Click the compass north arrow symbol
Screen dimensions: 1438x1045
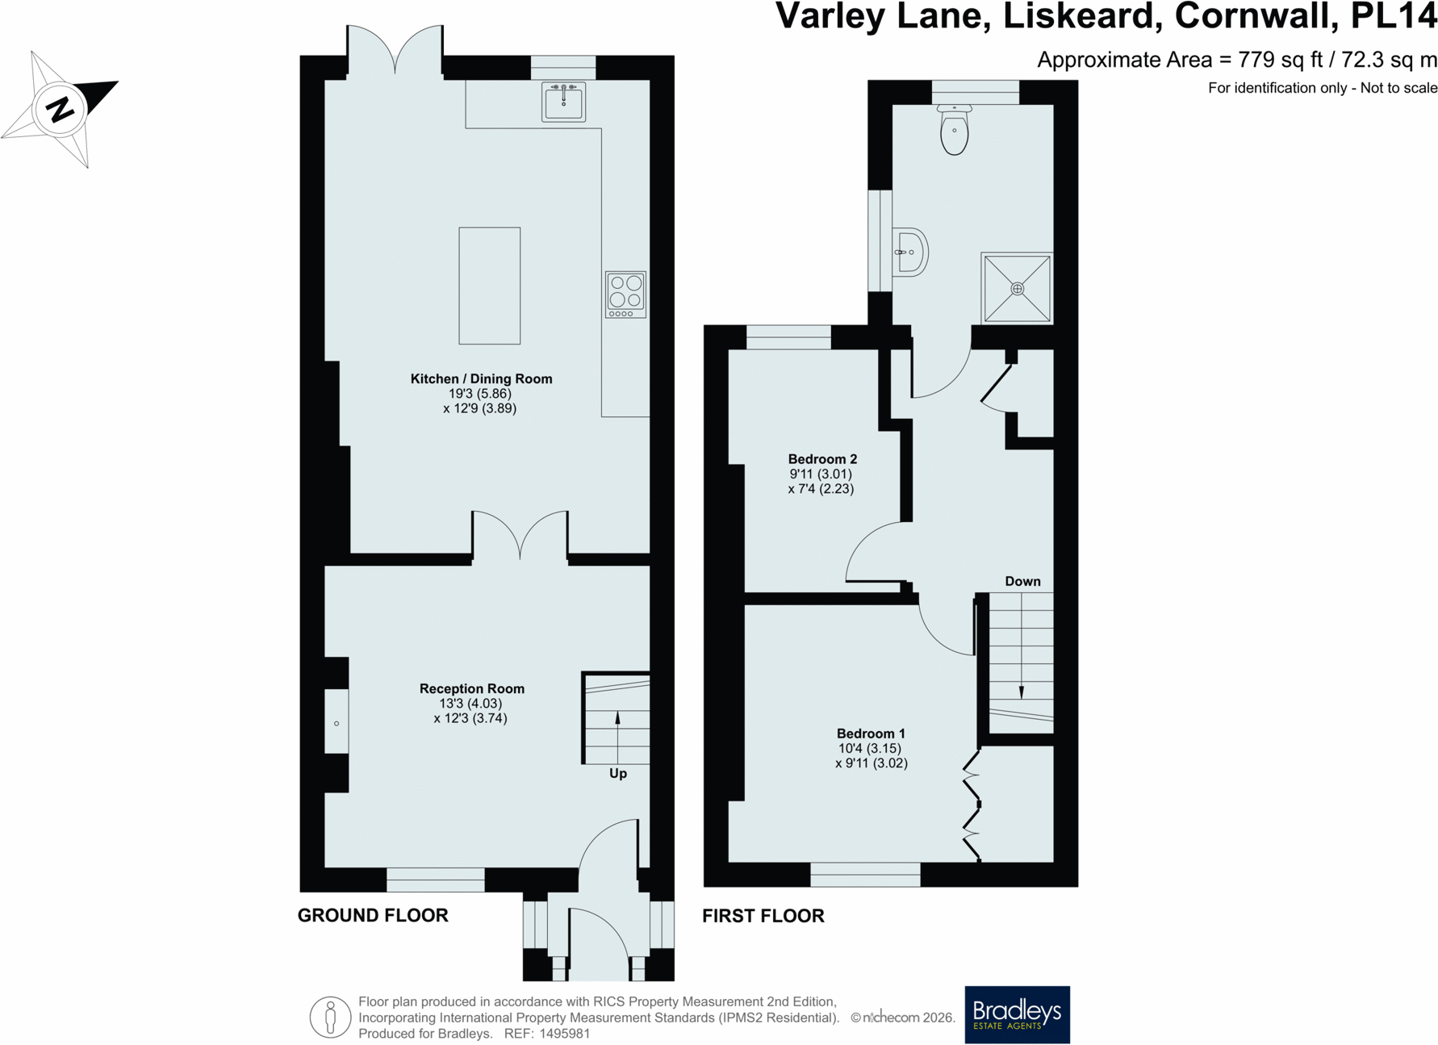tap(60, 109)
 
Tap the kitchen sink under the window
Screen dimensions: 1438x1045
tap(563, 102)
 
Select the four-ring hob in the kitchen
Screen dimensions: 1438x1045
tap(625, 295)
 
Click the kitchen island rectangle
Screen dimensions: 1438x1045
tap(490, 286)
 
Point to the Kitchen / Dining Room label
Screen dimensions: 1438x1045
tap(481, 378)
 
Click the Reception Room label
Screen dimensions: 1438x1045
tap(472, 688)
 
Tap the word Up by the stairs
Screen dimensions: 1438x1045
tap(618, 774)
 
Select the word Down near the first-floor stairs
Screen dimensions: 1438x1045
tap(1022, 581)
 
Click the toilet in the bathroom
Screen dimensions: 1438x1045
tap(955, 129)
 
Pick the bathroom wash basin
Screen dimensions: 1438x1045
tap(910, 253)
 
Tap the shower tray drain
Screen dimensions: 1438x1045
tap(1018, 288)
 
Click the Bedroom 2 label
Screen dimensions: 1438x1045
tap(822, 459)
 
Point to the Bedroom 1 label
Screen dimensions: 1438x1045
tap(871, 734)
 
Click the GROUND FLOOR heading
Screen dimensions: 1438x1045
tap(373, 915)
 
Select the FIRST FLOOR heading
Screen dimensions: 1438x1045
tap(763, 916)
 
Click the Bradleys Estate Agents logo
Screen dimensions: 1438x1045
tap(1017, 1014)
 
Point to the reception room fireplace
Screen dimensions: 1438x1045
tap(337, 724)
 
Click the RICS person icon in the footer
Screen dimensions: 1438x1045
tap(330, 1017)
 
